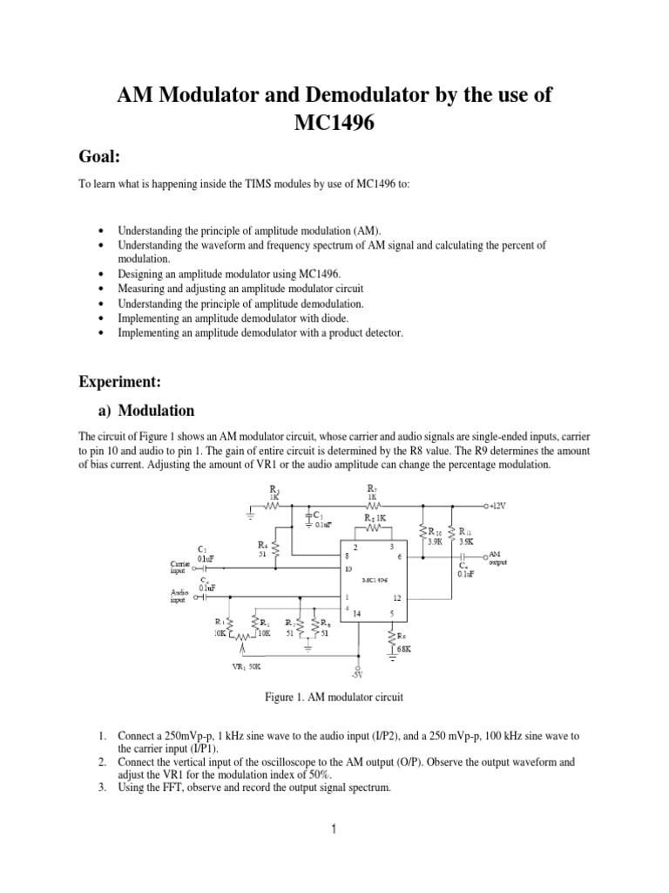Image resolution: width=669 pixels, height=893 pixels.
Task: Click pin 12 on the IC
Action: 395,597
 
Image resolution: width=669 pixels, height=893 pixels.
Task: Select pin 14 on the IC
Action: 355,614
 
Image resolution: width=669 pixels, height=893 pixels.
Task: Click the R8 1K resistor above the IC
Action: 375,517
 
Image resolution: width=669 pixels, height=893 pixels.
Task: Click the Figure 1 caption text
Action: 334,698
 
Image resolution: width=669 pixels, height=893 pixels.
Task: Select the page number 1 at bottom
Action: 334,829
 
